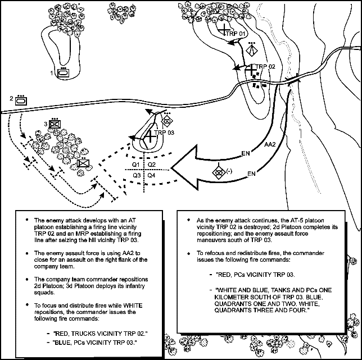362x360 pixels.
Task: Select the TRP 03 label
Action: (x=164, y=133)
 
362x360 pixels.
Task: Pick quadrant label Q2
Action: (x=152, y=164)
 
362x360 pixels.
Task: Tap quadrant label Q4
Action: (x=152, y=176)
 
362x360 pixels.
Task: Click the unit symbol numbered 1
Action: (x=63, y=72)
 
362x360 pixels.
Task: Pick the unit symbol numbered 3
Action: (x=55, y=125)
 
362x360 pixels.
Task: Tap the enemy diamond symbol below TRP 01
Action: (x=254, y=50)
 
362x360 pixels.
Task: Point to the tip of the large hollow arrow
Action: (x=173, y=166)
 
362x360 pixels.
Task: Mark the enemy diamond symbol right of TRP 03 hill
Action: (x=167, y=120)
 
